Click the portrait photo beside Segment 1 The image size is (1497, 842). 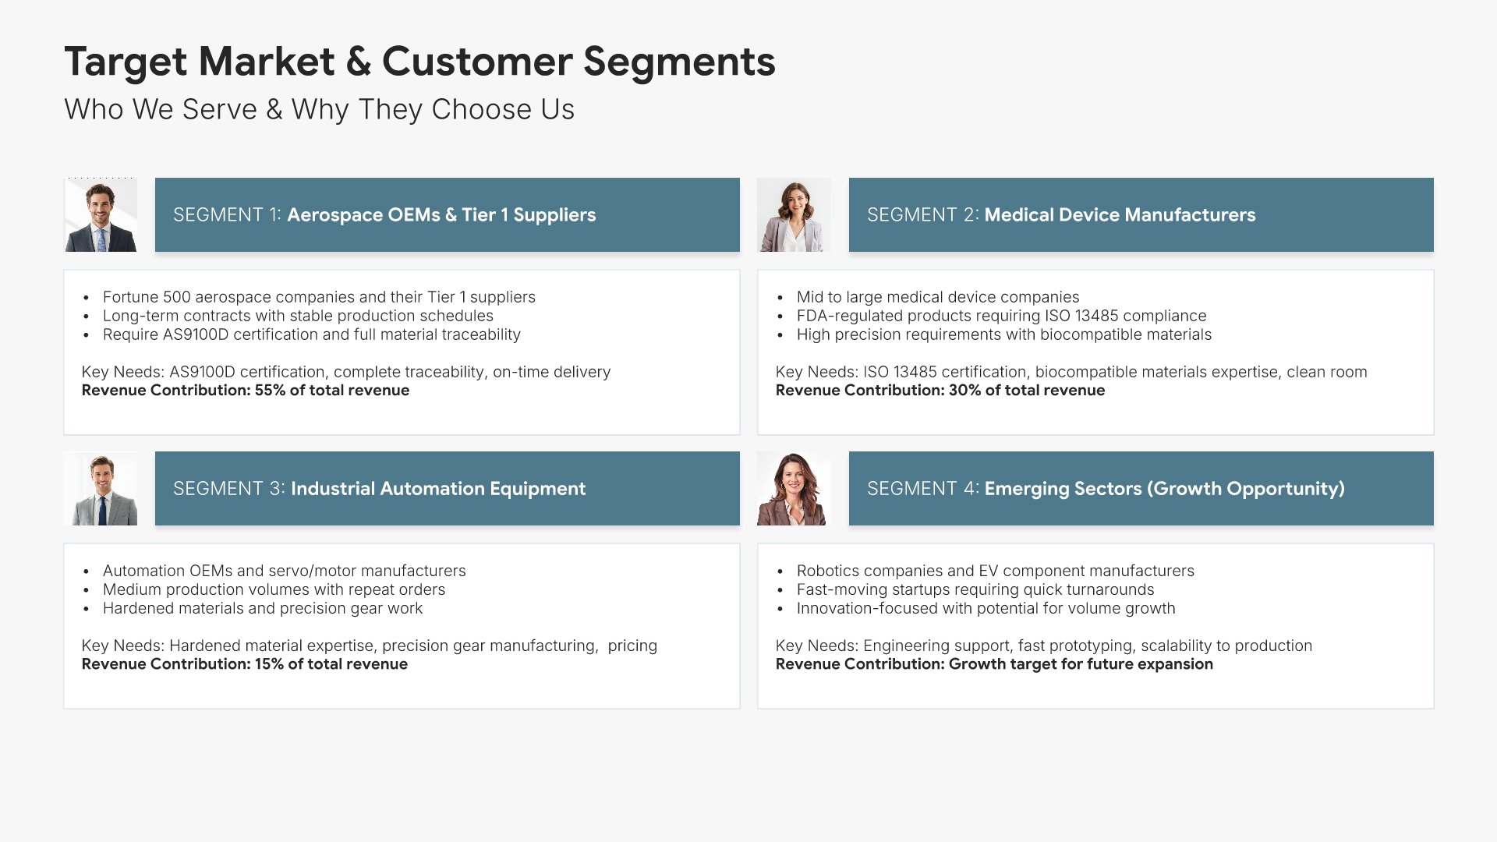click(101, 215)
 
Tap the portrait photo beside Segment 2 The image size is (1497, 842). click(794, 215)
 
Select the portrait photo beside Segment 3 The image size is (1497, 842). click(101, 489)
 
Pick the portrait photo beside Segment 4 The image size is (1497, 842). click(794, 489)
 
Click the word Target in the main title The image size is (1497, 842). click(126, 62)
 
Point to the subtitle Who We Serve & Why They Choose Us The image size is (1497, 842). click(320, 110)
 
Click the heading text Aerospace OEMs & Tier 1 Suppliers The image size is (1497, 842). click(441, 215)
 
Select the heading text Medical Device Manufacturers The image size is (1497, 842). click(1120, 215)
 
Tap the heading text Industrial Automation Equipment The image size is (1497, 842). click(438, 489)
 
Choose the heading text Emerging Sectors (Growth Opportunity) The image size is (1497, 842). click(1165, 489)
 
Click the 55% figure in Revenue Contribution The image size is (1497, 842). click(270, 391)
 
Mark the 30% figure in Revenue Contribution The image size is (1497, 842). click(964, 391)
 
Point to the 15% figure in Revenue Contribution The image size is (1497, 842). click(269, 664)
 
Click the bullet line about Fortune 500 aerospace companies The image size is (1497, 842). click(319, 297)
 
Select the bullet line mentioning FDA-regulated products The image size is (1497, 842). click(1001, 316)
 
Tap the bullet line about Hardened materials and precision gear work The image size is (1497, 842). click(263, 608)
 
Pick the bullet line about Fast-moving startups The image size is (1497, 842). click(975, 589)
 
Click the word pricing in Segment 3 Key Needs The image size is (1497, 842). click(632, 646)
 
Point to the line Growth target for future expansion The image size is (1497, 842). click(1081, 664)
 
